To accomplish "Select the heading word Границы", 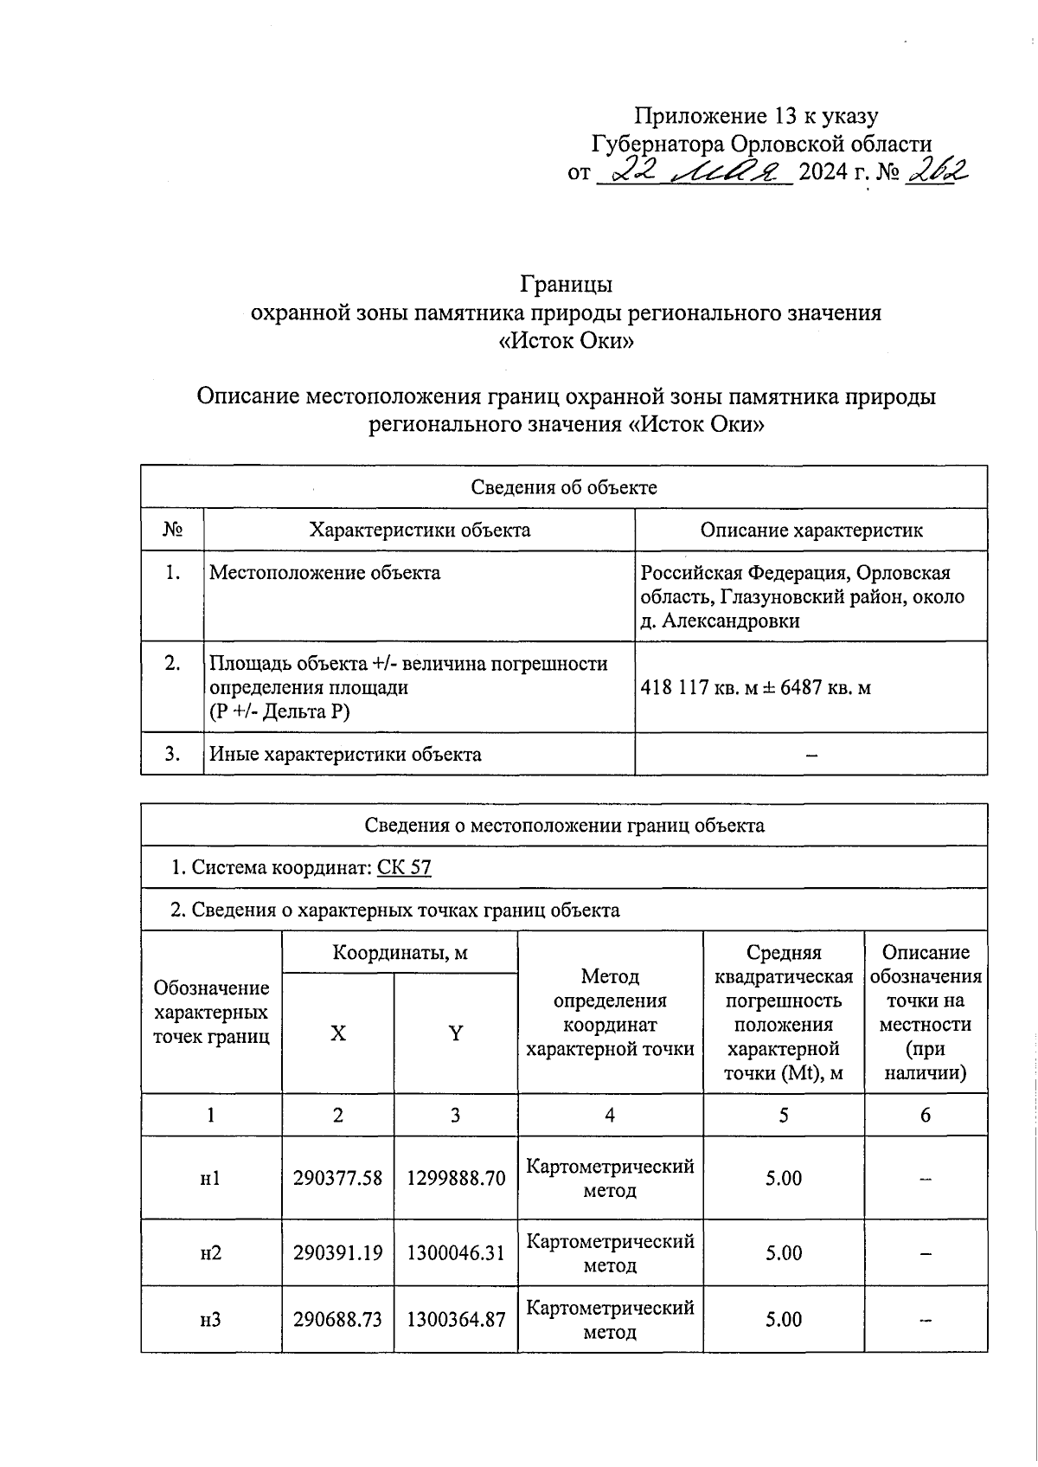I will coord(566,284).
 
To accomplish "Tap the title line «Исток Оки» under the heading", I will coord(566,341).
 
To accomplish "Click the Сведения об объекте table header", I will coord(564,487).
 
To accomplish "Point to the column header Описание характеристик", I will coord(811,530).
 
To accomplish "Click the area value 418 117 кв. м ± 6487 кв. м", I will coord(755,688).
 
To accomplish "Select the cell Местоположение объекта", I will coord(325,573).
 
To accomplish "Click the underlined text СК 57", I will coord(404,867).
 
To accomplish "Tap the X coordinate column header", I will coord(337,1033).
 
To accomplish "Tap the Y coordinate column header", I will coord(455,1033).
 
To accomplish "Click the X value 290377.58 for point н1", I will coord(337,1178).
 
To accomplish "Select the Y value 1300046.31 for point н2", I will coord(455,1252).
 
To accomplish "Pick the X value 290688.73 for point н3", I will coord(337,1319).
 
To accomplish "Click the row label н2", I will coord(210,1252).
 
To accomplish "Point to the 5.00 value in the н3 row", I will coord(783,1319).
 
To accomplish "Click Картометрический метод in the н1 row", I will coord(610,1178).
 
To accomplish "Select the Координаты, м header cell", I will coord(400,953).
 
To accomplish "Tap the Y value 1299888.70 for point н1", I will coord(455,1178).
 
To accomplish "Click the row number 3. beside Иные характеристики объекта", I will coord(172,754).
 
